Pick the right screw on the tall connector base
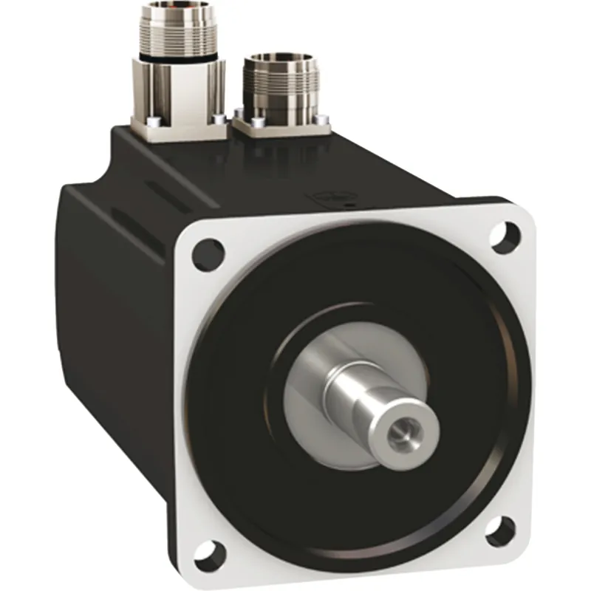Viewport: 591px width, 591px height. coord(217,119)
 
